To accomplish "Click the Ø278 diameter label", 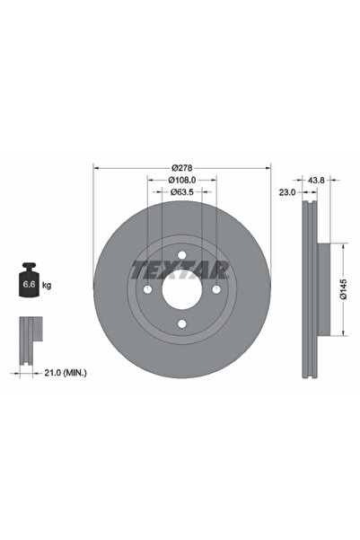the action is coord(182,168).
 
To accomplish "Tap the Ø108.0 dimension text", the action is coord(182,180).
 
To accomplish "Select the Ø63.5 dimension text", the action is coord(182,191).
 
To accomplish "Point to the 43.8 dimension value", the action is coord(316,180).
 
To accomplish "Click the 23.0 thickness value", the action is coord(287,192).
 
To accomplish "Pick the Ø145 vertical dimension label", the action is coord(344,289).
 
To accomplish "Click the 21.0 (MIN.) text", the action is coord(66,373).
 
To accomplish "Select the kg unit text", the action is coord(47,285).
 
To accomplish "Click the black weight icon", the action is coord(29,279).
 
